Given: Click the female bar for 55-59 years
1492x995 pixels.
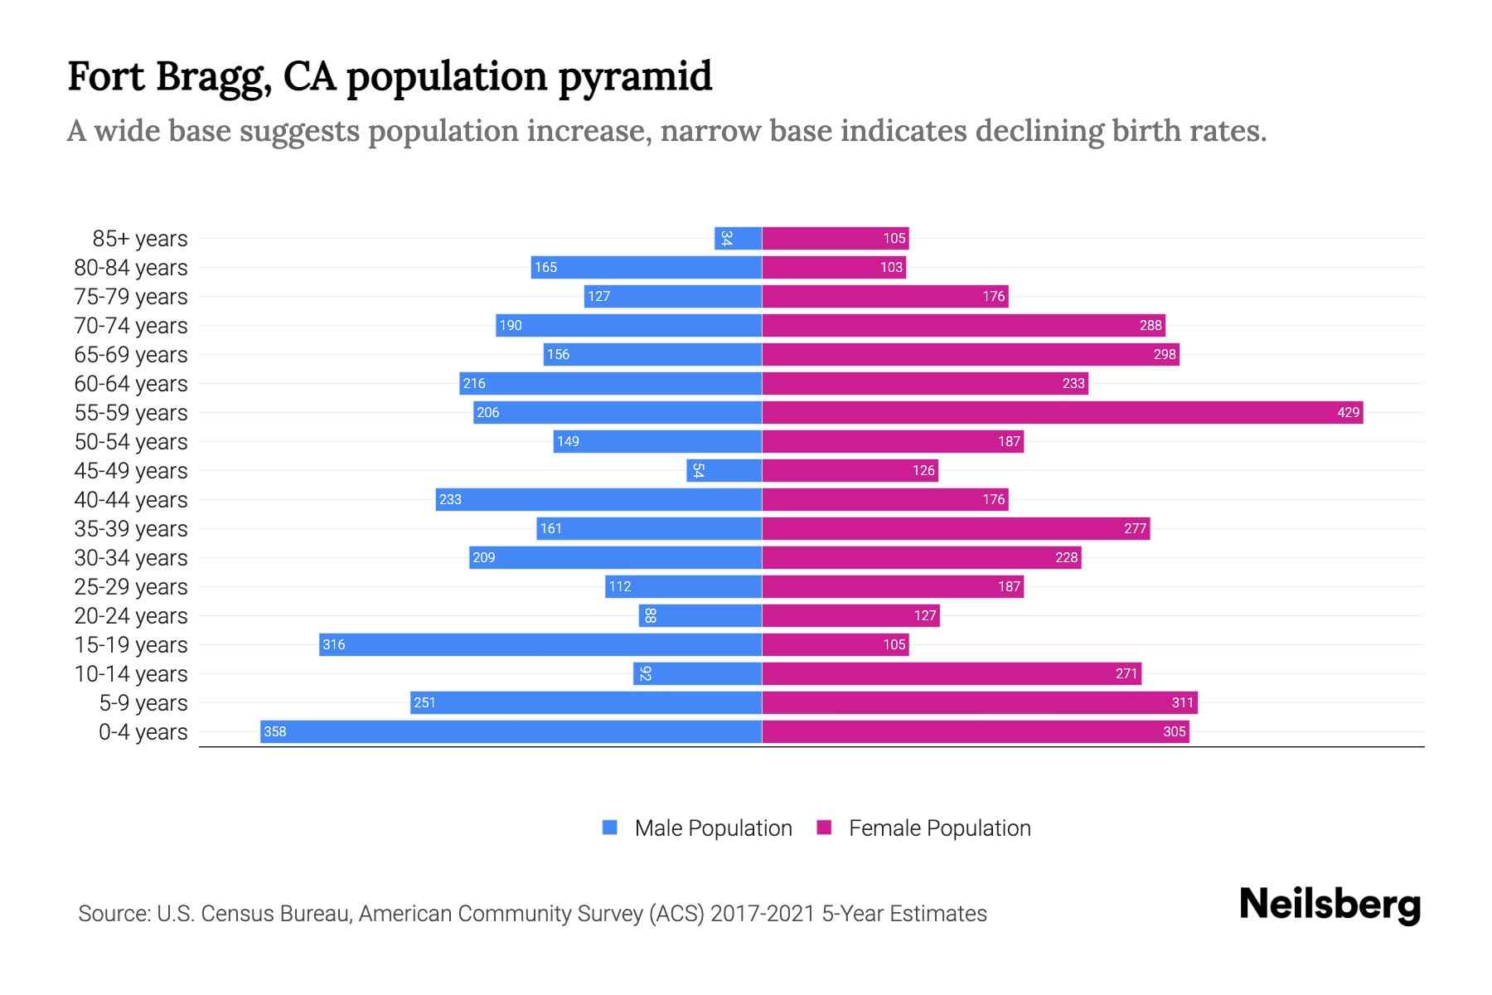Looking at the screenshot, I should tap(1061, 412).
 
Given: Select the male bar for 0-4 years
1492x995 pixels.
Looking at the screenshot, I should tap(511, 731).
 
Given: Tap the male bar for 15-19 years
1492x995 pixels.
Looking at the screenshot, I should tap(540, 644).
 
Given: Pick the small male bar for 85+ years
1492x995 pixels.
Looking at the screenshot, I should tap(739, 238).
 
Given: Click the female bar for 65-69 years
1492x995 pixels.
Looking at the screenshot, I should tap(970, 354).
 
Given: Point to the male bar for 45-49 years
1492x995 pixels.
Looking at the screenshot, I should tap(724, 470).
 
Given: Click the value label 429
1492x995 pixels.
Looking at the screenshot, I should tap(1348, 412).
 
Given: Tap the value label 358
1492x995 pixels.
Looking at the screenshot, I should tap(275, 731).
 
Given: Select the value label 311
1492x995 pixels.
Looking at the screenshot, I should tap(1182, 702).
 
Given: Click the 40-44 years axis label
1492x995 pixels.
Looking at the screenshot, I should tap(131, 500).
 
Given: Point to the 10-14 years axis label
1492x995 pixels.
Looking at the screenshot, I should tap(131, 674).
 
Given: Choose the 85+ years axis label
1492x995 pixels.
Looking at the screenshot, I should tap(140, 239).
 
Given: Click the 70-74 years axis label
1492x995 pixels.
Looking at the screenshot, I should tap(131, 326).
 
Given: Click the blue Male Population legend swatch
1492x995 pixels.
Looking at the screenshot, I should tap(610, 828).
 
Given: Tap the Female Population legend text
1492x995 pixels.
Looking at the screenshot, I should tap(939, 828).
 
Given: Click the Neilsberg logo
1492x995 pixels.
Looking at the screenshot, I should tap(1330, 905).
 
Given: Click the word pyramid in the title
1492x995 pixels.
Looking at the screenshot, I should tap(635, 77).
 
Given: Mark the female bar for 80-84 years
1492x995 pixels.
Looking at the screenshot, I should tap(833, 267).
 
